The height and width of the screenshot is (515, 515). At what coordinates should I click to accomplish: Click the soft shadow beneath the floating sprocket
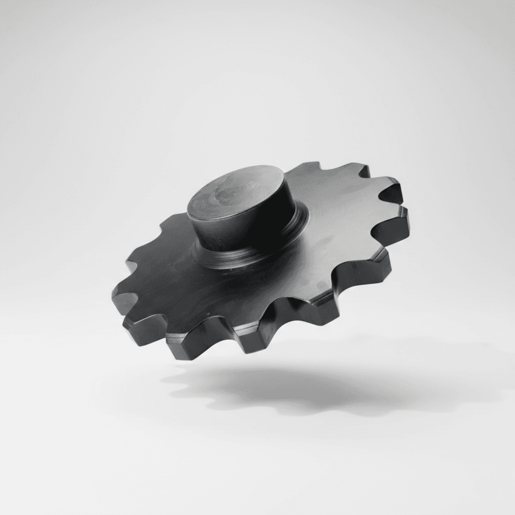(282, 387)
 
